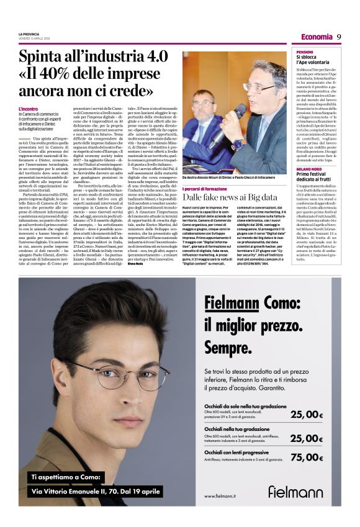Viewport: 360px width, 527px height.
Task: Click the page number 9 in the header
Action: [x=340, y=36]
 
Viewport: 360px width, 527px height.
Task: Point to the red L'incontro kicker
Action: [x=29, y=109]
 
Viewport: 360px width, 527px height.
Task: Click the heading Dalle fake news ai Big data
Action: [x=230, y=197]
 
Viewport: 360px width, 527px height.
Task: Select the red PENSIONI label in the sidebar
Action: [x=305, y=52]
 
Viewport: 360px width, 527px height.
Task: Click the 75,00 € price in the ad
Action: [x=307, y=457]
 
